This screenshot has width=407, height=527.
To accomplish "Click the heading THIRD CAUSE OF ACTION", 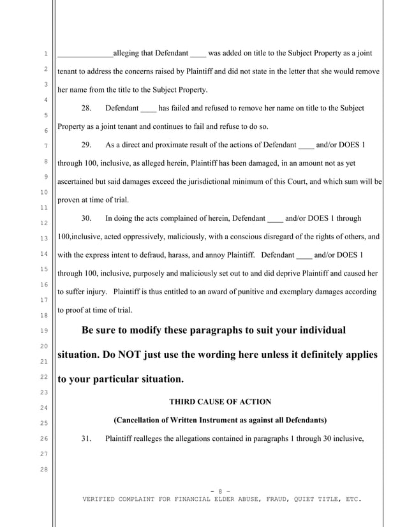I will point(220,401).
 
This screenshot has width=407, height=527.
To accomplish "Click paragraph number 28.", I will point(87,108).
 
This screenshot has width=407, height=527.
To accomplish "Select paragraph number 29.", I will point(87,144).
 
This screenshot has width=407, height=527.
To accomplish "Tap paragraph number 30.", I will point(87,218).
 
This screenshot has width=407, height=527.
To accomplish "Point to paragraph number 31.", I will point(87,439).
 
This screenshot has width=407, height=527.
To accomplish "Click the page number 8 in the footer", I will point(219,490).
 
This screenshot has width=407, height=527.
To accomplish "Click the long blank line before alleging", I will point(85,54).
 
